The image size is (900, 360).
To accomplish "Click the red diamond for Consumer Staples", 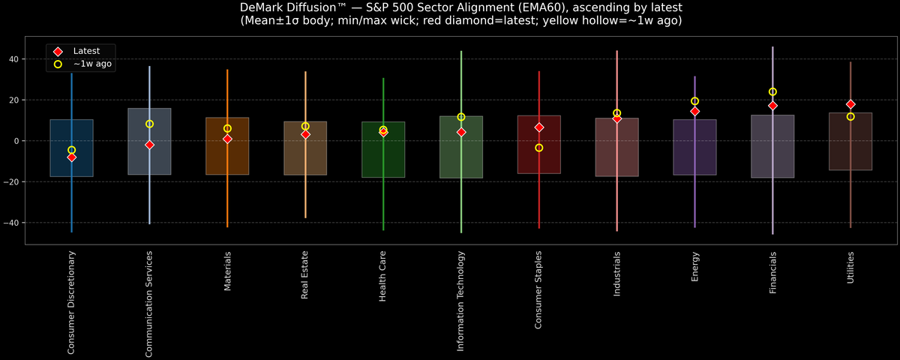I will (x=538, y=127).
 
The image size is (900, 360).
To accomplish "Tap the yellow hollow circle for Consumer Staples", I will (x=538, y=148).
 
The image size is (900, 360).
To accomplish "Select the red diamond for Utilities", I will (x=850, y=104).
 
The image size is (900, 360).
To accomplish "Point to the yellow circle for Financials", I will (x=772, y=91).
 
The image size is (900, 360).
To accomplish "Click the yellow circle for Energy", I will (x=694, y=101).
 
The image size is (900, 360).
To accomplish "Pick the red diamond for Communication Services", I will (x=149, y=145).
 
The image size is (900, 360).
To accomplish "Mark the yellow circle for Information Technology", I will (x=461, y=117).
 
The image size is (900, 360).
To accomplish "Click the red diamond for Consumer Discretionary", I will (x=71, y=157).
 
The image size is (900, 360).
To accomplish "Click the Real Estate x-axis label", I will (x=305, y=275).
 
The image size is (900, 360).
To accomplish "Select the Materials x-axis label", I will (x=227, y=272).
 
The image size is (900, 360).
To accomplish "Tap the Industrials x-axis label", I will (x=616, y=274).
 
